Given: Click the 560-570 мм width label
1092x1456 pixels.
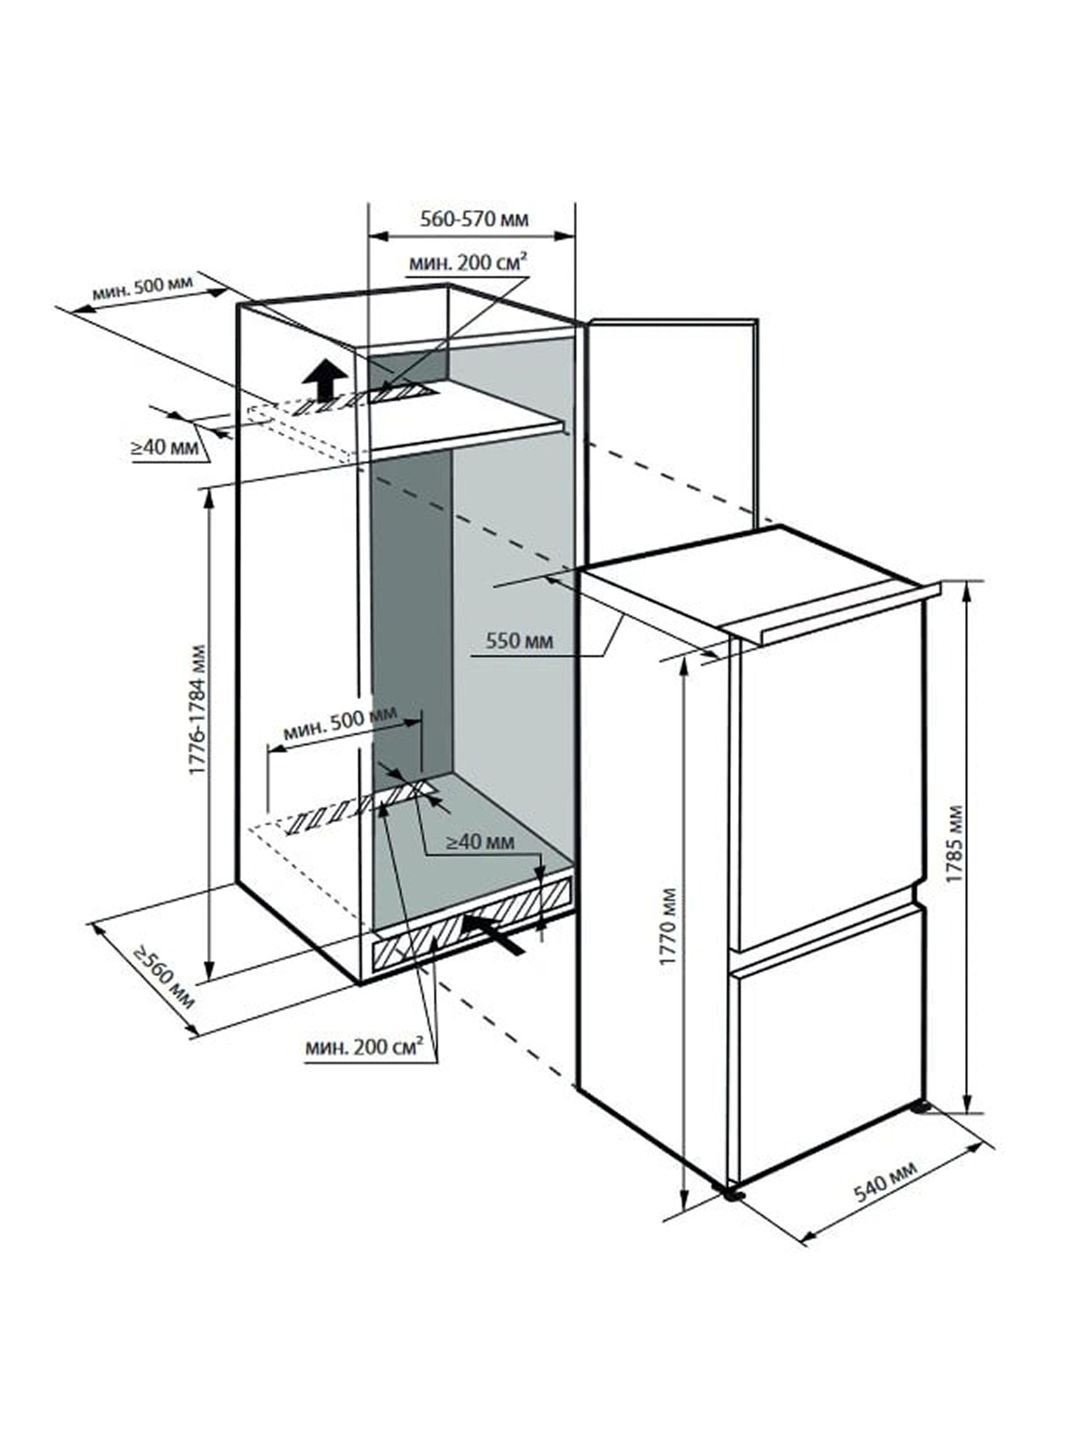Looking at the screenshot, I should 474,218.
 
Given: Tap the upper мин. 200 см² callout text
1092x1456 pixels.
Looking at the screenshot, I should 468,263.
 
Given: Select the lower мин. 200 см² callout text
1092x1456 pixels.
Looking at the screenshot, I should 363,1046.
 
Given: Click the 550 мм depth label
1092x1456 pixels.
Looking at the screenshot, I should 519,640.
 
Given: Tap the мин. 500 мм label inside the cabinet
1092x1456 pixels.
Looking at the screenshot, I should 340,724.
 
